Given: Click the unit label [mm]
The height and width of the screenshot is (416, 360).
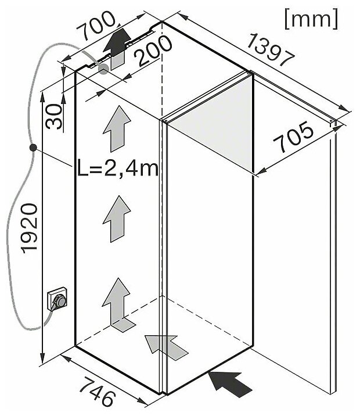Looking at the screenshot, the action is (x=311, y=20).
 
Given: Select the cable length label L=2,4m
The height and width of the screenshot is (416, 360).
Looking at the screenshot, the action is (x=118, y=170).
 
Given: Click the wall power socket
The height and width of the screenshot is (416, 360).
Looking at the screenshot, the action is (x=59, y=300).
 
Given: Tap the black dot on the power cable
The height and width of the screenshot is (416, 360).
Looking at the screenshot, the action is (x=34, y=149).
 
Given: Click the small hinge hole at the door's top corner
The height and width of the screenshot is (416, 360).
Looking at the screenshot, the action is (x=332, y=122).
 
